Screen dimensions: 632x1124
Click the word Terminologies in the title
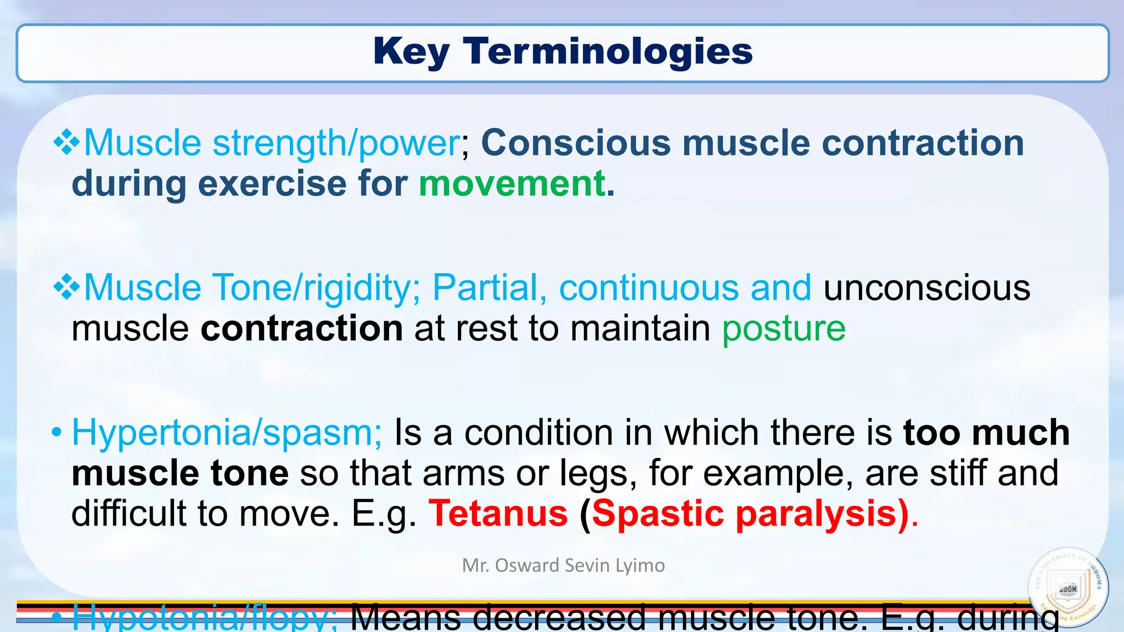(x=608, y=52)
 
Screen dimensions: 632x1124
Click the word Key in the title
(x=411, y=52)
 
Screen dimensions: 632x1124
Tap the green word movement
(x=512, y=183)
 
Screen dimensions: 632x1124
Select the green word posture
(x=783, y=329)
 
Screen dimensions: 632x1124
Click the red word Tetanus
(x=498, y=513)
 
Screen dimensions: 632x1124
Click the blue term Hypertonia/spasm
(x=227, y=433)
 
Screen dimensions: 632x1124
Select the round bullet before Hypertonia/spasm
(x=57, y=433)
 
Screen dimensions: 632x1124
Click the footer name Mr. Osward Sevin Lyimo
(x=563, y=565)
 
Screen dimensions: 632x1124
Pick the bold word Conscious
(x=576, y=143)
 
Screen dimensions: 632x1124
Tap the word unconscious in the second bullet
(x=926, y=288)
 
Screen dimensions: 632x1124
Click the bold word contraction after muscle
(x=302, y=329)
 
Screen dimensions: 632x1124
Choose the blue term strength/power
(x=336, y=143)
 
